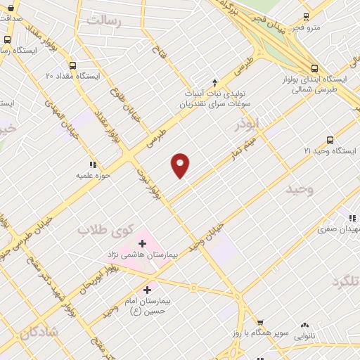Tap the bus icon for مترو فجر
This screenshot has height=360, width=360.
click(306, 17)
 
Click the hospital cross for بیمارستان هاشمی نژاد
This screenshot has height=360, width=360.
click(142, 243)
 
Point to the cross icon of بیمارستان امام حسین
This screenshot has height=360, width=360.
click(147, 289)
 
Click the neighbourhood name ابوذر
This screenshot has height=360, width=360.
click(247, 123)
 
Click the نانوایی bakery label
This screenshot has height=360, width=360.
click(304, 336)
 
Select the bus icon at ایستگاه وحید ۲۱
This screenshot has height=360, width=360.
click(330, 140)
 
